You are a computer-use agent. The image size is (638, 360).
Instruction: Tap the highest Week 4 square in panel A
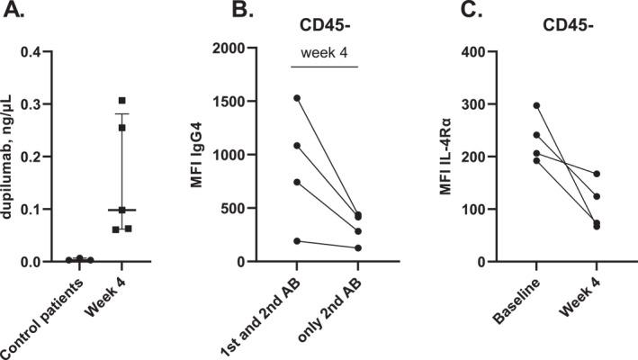point(121,100)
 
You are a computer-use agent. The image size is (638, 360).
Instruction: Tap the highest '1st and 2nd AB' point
point(297,97)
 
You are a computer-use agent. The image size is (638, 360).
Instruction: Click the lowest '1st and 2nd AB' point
point(297,241)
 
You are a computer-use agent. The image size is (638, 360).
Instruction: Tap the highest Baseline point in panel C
point(536,105)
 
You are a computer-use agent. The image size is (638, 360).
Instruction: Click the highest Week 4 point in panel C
point(596,174)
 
